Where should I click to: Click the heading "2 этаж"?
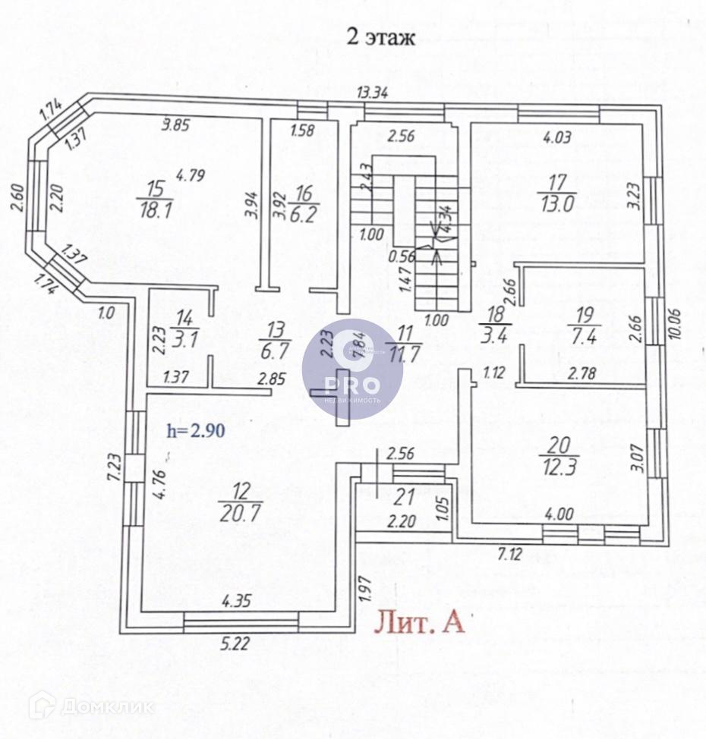pos(380,37)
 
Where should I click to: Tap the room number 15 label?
pos(156,190)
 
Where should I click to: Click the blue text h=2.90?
pos(195,430)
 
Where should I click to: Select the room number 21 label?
pos(405,498)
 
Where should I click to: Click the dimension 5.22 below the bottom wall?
pos(235,646)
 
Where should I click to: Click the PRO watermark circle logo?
pos(351,369)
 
